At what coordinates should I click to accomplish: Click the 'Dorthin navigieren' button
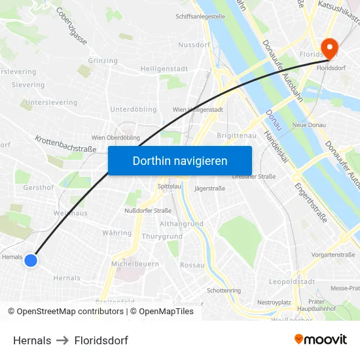(x=179, y=160)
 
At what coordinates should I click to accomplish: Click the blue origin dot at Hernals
(x=30, y=261)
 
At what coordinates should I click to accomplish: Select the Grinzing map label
(x=102, y=60)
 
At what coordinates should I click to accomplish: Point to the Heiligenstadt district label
(x=164, y=69)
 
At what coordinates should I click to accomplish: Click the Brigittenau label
(x=235, y=135)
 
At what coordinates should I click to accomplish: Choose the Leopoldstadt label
(x=291, y=281)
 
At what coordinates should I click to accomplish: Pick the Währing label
(x=117, y=233)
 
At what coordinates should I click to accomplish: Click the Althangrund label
(x=181, y=223)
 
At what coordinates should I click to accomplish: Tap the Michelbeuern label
(x=135, y=263)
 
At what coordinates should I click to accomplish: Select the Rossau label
(x=192, y=265)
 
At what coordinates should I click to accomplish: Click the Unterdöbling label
(x=133, y=109)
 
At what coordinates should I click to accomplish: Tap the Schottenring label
(x=223, y=290)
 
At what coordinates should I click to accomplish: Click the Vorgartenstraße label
(x=333, y=255)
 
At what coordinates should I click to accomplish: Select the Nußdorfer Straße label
(x=147, y=211)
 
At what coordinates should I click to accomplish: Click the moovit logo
(x=320, y=339)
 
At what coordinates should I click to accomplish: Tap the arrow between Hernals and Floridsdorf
(x=63, y=340)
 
